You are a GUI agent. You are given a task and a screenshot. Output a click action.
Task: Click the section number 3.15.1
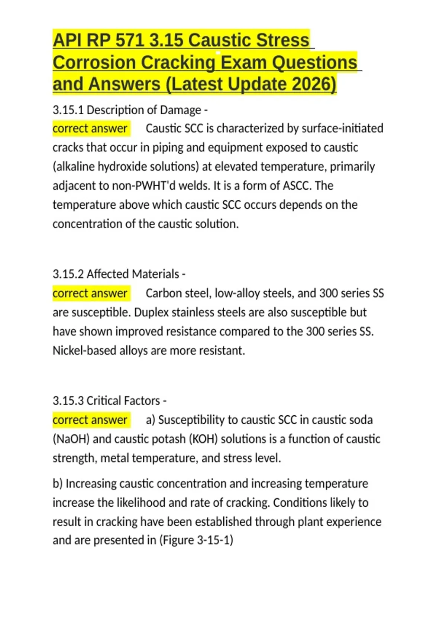pyautogui.click(x=68, y=110)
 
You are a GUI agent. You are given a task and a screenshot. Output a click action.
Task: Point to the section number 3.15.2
pyautogui.click(x=68, y=274)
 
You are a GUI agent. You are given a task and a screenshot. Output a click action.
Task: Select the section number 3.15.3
pyautogui.click(x=68, y=401)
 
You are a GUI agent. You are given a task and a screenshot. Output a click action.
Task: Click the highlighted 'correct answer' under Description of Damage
pyautogui.click(x=90, y=128)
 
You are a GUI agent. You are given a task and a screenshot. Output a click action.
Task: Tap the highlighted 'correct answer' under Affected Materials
pyautogui.click(x=90, y=293)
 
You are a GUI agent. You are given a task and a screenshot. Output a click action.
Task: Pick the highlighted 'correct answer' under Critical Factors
pyautogui.click(x=90, y=420)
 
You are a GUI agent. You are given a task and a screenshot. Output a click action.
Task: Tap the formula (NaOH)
pyautogui.click(x=71, y=439)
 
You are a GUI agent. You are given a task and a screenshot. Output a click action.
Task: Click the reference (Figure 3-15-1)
pyautogui.click(x=196, y=540)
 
